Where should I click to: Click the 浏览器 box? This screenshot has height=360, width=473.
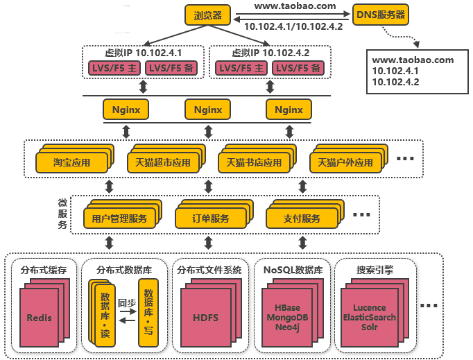(207, 14)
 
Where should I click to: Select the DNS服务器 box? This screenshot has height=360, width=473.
(381, 14)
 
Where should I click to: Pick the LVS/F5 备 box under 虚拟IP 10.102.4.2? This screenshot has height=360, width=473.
(296, 68)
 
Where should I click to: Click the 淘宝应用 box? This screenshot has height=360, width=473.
(72, 163)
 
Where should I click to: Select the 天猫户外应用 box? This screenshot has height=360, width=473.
(345, 163)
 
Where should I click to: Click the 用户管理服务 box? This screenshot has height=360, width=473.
(119, 218)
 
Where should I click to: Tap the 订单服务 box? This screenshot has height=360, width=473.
(211, 218)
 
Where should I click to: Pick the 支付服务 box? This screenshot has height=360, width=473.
(302, 218)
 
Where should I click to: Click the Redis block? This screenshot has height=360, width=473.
(40, 318)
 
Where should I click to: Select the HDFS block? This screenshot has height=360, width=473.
(205, 318)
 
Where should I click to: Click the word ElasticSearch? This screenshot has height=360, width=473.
(374, 317)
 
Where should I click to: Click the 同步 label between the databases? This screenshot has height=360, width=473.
(126, 303)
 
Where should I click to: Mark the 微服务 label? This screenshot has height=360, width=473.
(62, 214)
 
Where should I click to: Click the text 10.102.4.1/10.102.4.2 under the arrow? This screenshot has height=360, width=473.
(294, 27)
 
